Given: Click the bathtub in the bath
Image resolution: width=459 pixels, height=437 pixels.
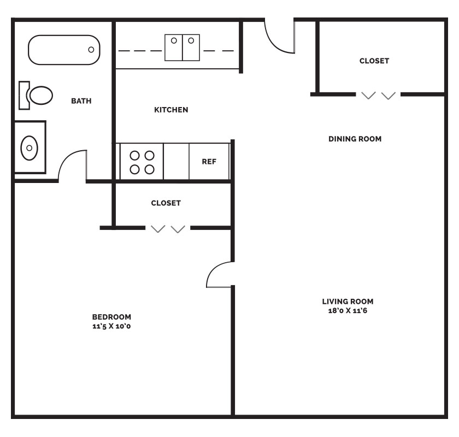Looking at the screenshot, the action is (x=64, y=50).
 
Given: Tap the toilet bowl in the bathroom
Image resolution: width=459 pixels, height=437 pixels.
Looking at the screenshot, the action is (x=41, y=96).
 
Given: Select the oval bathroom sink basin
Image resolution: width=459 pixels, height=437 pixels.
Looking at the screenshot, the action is (x=30, y=148).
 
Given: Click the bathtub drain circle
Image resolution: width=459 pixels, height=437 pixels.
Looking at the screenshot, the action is (x=91, y=50).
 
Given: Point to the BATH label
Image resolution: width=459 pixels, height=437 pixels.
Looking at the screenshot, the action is (x=81, y=101).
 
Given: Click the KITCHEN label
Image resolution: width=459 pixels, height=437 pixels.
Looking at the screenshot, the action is (x=171, y=110).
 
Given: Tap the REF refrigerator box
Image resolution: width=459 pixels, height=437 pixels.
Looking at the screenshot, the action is (x=209, y=161).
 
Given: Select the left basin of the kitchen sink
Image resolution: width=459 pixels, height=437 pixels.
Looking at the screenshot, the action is (x=174, y=48).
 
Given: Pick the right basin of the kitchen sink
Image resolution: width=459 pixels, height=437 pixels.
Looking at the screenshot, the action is (x=191, y=48).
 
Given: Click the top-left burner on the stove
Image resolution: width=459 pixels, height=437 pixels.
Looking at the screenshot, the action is (x=134, y=156).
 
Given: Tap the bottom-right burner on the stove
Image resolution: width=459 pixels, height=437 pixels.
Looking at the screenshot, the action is (x=149, y=169).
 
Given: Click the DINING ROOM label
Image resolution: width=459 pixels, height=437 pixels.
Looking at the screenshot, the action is (x=355, y=139).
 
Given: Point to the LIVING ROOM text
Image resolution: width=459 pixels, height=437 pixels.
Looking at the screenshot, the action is (x=348, y=302).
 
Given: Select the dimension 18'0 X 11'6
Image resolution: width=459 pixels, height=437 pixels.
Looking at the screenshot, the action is (x=348, y=311).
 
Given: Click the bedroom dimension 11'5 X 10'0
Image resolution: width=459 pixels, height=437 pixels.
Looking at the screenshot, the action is (x=111, y=326).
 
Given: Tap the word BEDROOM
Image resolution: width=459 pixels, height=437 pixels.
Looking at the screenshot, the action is (x=111, y=317).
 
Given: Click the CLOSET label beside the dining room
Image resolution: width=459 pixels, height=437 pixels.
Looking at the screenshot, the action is (x=374, y=61).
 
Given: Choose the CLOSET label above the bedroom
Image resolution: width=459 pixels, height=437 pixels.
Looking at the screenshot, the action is (x=166, y=203).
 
